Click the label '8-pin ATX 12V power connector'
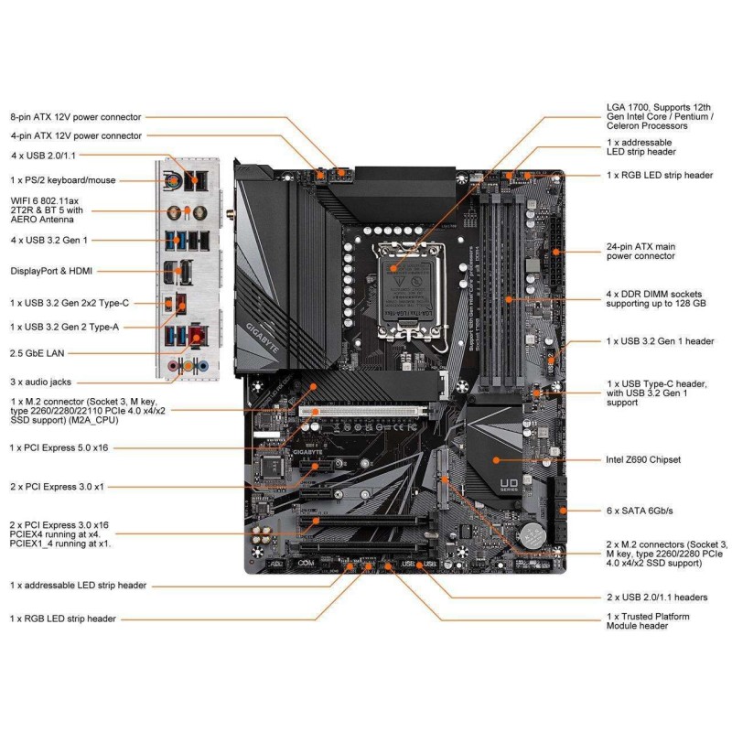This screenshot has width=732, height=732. point(75,117)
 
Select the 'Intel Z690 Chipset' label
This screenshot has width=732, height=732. point(655,459)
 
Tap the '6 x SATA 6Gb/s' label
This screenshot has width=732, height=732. point(646,509)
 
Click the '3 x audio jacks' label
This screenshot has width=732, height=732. point(40,382)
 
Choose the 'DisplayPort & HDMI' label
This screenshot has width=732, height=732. point(51,271)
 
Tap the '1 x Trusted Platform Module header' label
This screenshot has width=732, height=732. point(649,620)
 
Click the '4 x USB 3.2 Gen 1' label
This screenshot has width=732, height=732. point(54,240)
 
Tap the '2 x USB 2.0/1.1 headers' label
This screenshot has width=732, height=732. point(657,597)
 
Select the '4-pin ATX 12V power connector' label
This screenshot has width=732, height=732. point(75,135)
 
